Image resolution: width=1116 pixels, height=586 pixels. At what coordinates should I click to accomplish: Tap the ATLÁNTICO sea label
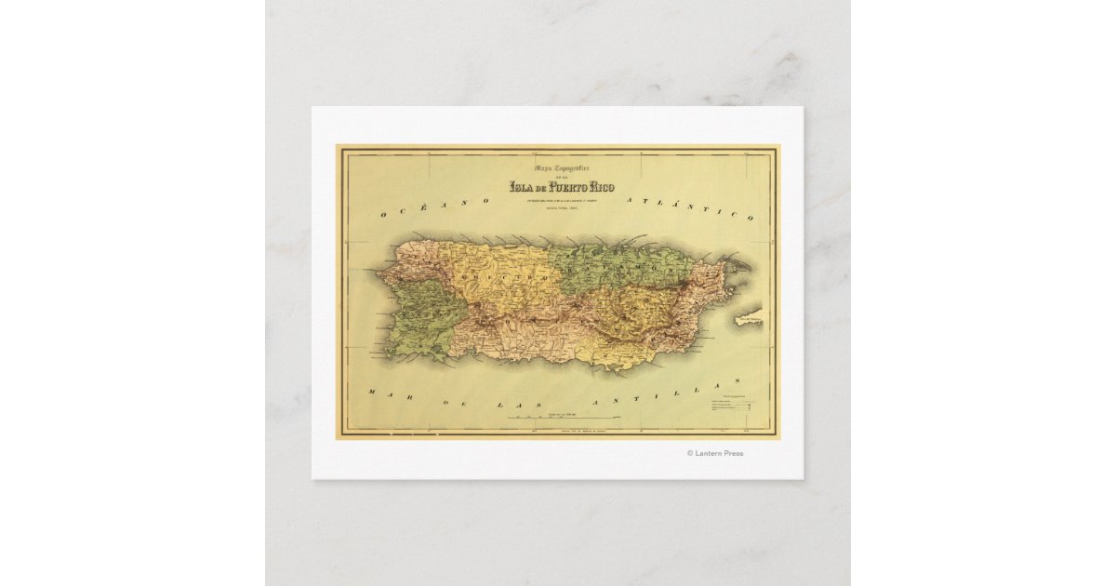tap(688, 207)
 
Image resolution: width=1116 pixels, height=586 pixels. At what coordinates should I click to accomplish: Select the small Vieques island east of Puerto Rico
tap(748, 319)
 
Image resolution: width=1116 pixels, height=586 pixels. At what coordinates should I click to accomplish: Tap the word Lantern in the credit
tap(711, 453)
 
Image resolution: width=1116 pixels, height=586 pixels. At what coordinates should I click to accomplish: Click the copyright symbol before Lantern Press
tap(690, 453)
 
